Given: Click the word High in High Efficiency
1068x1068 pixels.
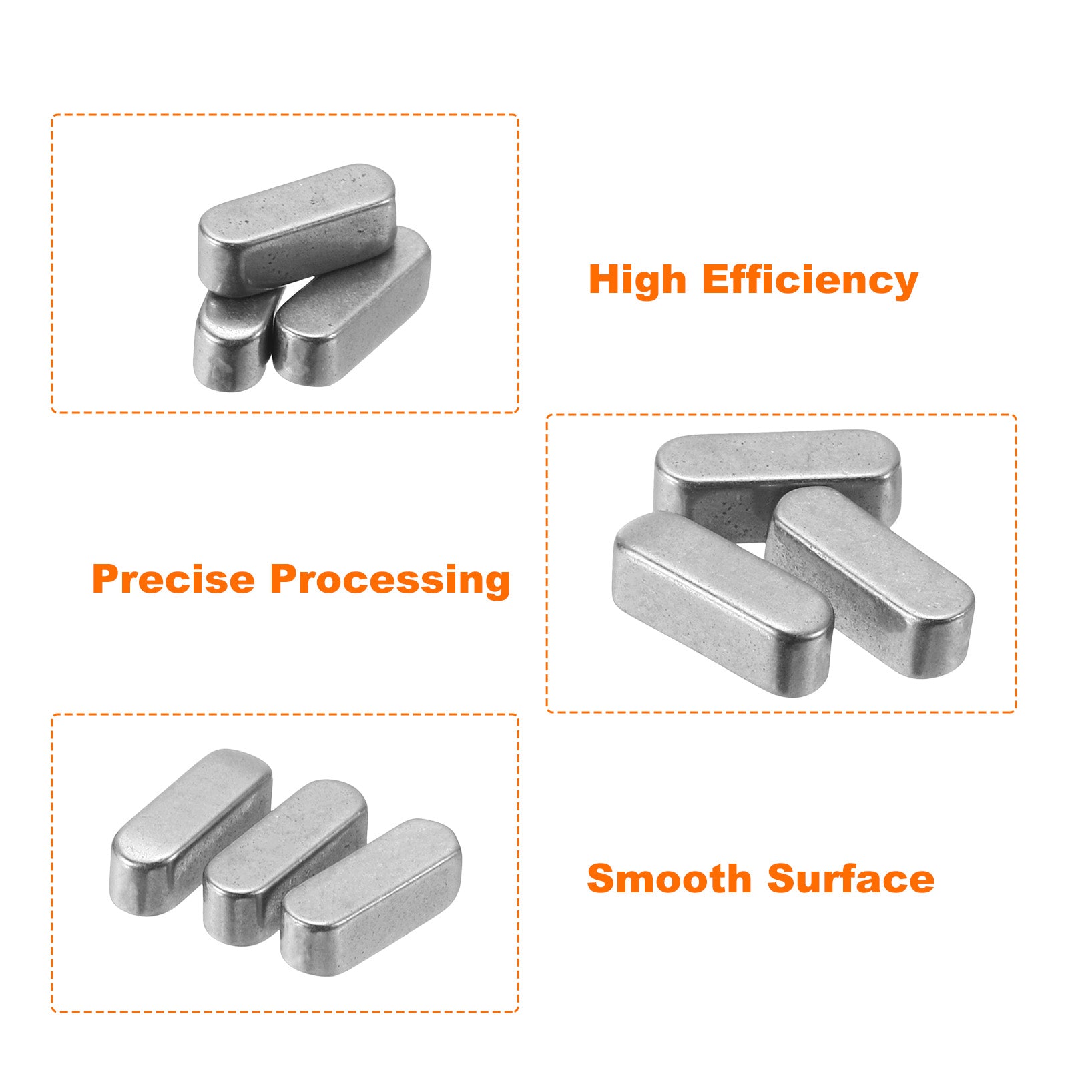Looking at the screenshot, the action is coord(637,280).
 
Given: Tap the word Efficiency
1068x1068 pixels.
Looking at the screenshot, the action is coord(810,280).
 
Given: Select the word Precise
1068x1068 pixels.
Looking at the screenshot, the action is coord(174,579).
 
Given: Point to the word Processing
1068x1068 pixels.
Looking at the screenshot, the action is coord(390,580).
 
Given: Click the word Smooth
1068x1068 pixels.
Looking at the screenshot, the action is coord(670,878).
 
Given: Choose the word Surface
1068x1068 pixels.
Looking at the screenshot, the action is coord(851,879).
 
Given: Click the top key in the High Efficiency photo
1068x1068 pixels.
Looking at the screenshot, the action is coord(297,229).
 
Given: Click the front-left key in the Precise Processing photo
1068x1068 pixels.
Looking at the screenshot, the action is coord(722,604).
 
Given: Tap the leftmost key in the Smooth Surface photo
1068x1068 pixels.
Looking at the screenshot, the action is coord(190,831).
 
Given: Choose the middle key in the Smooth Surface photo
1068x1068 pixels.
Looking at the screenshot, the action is coord(285,861).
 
